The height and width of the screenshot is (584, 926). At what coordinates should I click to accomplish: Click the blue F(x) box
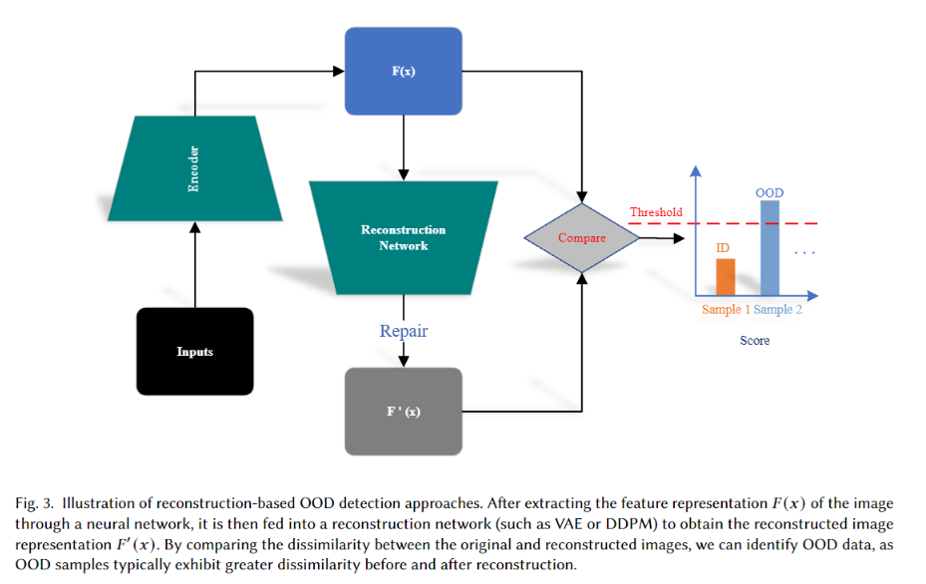click(403, 71)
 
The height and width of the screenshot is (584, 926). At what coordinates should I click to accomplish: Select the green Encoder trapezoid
click(194, 168)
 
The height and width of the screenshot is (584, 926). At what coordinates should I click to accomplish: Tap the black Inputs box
click(194, 352)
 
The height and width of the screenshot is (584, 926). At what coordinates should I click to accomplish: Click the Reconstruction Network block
click(403, 237)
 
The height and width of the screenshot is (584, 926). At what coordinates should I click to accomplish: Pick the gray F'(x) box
click(403, 411)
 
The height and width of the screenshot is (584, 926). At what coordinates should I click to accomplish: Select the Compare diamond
click(581, 238)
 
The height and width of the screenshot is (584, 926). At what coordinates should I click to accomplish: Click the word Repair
click(403, 330)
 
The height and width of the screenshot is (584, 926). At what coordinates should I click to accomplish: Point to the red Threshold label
click(655, 212)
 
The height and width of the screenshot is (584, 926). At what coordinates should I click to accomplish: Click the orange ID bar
click(725, 277)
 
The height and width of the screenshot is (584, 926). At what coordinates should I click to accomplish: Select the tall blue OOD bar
click(770, 248)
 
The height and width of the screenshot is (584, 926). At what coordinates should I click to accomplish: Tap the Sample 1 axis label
click(726, 310)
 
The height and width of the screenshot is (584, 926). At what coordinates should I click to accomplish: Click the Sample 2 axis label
click(777, 310)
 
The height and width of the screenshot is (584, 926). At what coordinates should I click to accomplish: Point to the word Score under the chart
click(755, 341)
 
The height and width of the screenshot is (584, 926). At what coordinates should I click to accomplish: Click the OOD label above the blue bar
click(770, 192)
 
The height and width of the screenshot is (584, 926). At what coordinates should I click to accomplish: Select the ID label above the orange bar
click(724, 247)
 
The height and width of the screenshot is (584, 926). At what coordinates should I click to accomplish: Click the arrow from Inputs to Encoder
click(194, 264)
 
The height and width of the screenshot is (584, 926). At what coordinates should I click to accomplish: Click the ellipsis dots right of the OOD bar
click(805, 254)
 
